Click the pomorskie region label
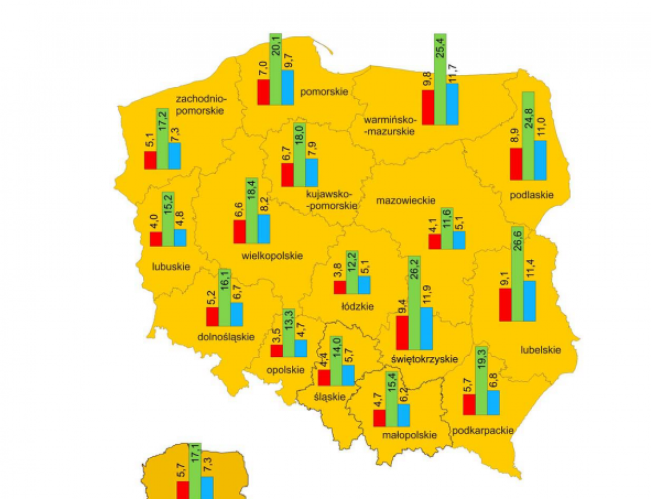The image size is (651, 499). pyautogui.click(x=324, y=91)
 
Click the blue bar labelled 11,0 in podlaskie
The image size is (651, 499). pyautogui.click(x=540, y=160)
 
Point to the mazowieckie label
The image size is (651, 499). pyautogui.click(x=405, y=200)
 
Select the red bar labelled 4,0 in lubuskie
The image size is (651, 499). pyautogui.click(x=156, y=239)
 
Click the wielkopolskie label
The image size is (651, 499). pyautogui.click(x=272, y=256)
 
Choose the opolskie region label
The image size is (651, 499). pyautogui.click(x=286, y=369)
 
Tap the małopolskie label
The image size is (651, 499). pyautogui.click(x=409, y=435)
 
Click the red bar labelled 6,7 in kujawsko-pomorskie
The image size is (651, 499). pyautogui.click(x=287, y=175)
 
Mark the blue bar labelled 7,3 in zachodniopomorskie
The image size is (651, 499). pyautogui.click(x=174, y=156)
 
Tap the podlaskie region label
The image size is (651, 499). pyautogui.click(x=532, y=195)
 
